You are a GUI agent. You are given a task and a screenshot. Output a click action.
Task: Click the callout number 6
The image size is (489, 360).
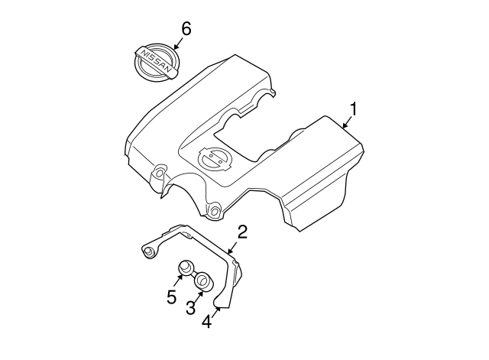click(x=186, y=29)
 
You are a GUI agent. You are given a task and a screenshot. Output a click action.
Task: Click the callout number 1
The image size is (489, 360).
click(x=353, y=109)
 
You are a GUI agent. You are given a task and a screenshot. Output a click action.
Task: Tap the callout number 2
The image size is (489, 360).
click(x=242, y=232)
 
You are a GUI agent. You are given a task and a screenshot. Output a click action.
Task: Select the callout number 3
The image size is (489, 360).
click(x=190, y=307)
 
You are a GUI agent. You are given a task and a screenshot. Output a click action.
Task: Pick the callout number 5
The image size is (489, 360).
click(x=171, y=297)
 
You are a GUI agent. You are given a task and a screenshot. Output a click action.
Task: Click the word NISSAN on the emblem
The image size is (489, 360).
click(x=157, y=61)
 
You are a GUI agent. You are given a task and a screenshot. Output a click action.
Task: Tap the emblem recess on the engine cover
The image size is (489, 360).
click(x=215, y=159)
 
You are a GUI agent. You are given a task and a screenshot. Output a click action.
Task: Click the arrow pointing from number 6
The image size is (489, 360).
click(x=179, y=43)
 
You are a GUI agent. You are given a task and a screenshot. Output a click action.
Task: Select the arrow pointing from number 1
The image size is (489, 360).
click(x=347, y=122)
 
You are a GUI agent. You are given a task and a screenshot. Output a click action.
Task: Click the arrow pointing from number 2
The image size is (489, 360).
click(x=232, y=248)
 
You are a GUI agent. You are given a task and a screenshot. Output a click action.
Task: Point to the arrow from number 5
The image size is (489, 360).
click(x=177, y=280)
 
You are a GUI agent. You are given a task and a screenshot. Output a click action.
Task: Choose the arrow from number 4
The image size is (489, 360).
click(x=215, y=312)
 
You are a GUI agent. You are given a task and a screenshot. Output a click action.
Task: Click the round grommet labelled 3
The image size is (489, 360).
click(x=203, y=281)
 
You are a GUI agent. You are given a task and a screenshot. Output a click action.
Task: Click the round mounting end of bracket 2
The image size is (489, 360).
click(x=148, y=251)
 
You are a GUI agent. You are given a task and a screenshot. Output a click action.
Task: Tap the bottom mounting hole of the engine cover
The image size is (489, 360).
click(x=215, y=212)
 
